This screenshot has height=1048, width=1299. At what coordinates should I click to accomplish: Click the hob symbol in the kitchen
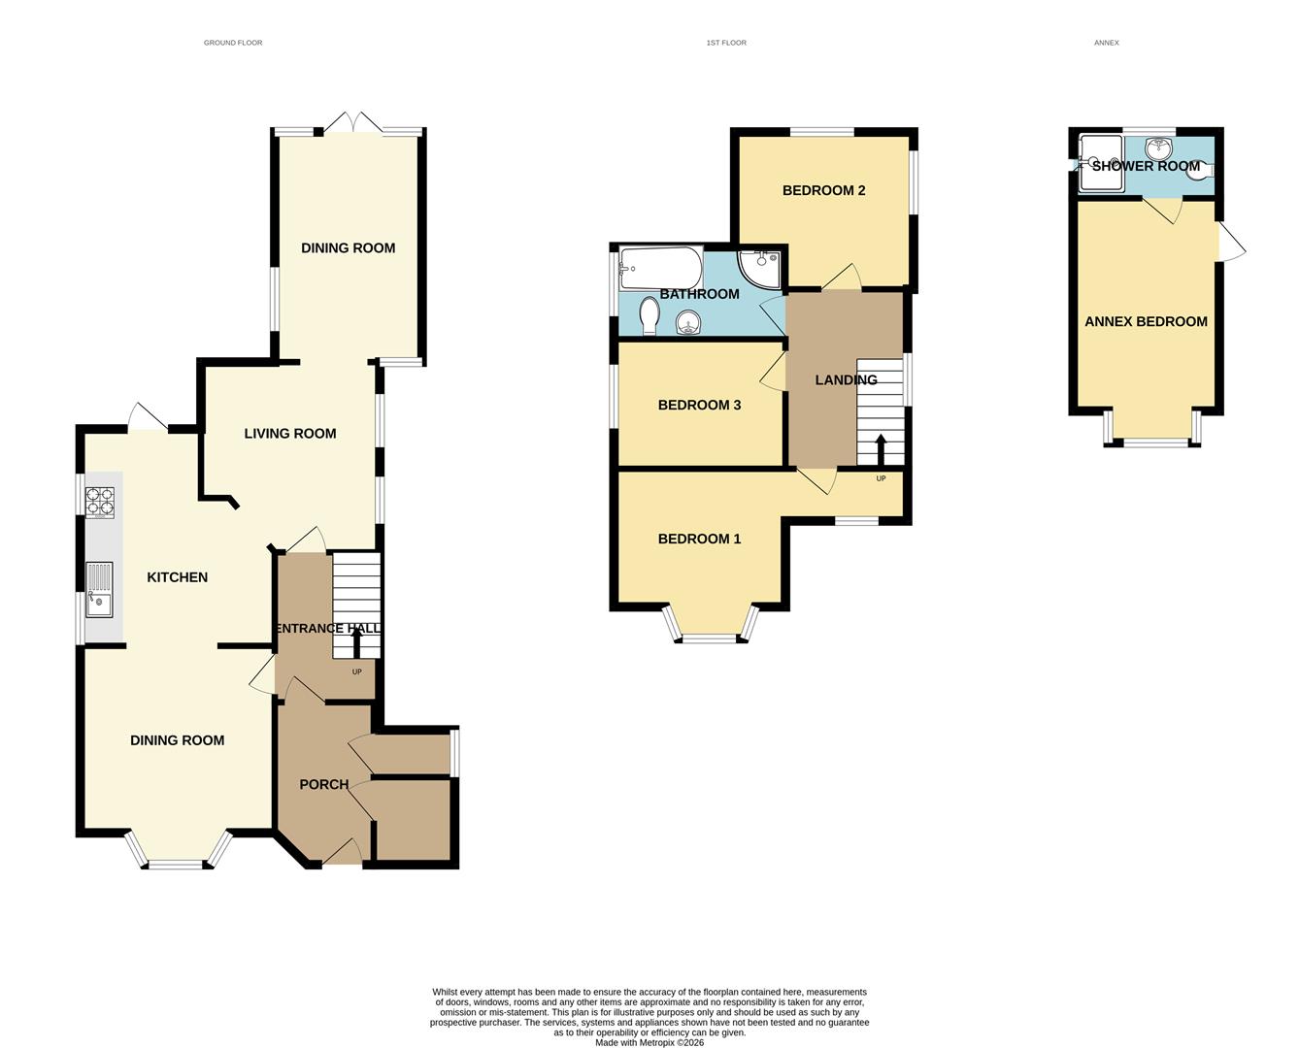pyautogui.click(x=100, y=501)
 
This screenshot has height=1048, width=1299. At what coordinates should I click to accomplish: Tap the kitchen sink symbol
pyautogui.click(x=99, y=590)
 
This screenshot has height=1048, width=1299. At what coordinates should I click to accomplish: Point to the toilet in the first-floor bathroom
pyautogui.click(x=649, y=314)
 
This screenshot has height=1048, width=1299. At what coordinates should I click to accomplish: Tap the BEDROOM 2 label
pyautogui.click(x=823, y=190)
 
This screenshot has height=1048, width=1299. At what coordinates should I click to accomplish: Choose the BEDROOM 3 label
pyautogui.click(x=699, y=405)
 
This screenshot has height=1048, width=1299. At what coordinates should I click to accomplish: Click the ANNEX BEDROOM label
pyautogui.click(x=1146, y=321)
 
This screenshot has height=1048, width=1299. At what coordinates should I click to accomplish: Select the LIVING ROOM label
pyautogui.click(x=289, y=434)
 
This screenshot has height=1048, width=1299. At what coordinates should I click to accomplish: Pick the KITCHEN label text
pyautogui.click(x=177, y=577)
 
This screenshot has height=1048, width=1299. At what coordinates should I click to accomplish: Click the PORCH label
pyautogui.click(x=323, y=784)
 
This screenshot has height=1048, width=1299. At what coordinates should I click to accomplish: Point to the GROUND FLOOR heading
pyautogui.click(x=233, y=43)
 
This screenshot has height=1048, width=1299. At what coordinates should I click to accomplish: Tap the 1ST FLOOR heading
pyautogui.click(x=726, y=43)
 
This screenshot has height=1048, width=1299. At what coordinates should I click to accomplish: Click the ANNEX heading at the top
pyautogui.click(x=1106, y=43)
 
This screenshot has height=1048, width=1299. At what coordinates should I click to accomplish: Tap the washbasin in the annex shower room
pyautogui.click(x=1157, y=148)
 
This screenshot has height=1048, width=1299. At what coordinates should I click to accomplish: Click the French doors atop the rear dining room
pyautogui.click(x=350, y=124)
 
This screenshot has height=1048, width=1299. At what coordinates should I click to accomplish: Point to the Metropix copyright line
pyautogui.click(x=649, y=1043)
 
